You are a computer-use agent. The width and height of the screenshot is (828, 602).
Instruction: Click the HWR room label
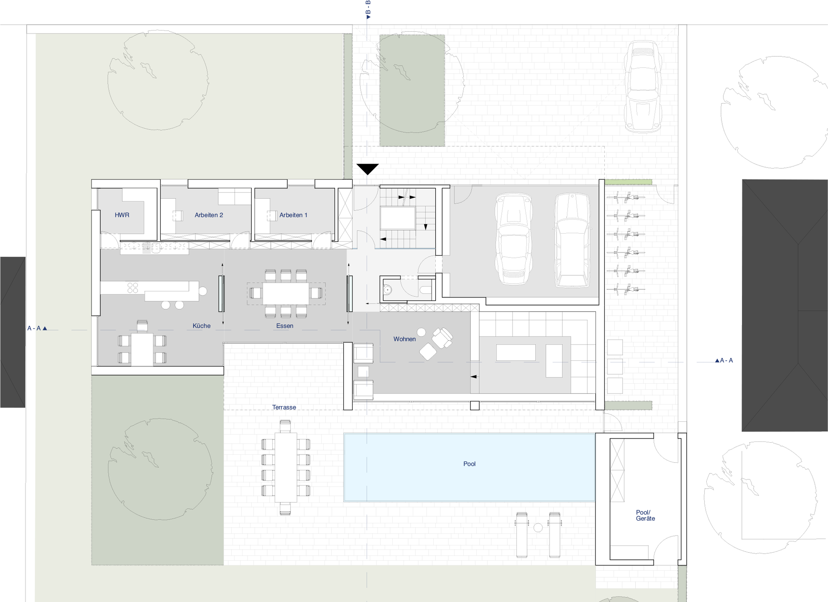[122, 215]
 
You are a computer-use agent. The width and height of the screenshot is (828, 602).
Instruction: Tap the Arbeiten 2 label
[209, 215]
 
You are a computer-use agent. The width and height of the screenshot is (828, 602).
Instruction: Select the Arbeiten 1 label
[293, 215]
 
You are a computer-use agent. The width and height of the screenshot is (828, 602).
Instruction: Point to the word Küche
[202, 326]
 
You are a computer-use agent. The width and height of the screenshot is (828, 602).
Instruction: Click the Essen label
[285, 326]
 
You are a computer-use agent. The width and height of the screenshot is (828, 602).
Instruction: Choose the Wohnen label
[404, 339]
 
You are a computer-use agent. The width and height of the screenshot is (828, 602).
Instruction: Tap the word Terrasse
[284, 407]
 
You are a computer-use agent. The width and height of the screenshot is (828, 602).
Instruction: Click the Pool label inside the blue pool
[469, 464]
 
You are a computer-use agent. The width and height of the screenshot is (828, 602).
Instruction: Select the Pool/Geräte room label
[645, 515]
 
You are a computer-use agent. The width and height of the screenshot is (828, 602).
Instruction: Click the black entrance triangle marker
[368, 169]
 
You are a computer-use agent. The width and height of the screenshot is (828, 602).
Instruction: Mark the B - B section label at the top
[368, 10]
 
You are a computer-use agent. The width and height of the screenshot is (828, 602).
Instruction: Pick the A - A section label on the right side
[724, 360]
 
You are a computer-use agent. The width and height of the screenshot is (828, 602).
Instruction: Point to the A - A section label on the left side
[37, 328]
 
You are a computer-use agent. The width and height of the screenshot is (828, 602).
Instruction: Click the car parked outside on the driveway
[643, 87]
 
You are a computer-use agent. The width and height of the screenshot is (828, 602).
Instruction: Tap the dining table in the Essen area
[286, 293]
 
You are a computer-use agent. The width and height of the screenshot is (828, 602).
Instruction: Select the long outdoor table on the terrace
[286, 467]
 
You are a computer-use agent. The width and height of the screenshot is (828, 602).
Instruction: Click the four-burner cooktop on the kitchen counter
[133, 288]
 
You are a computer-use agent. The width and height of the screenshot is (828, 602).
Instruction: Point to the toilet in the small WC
[426, 290]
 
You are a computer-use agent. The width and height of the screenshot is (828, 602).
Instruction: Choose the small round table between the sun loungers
[538, 528]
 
